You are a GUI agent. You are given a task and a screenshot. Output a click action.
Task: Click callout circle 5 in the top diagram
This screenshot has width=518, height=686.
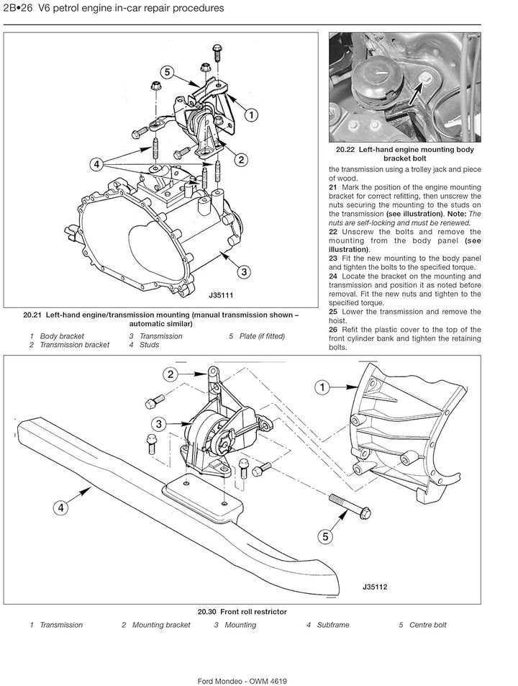pyautogui.click(x=167, y=72)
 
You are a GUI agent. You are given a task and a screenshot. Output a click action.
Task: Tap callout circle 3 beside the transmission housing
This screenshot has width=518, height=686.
pyautogui.click(x=244, y=271)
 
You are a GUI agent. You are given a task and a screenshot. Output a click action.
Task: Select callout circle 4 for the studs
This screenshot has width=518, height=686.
pyautogui.click(x=96, y=165)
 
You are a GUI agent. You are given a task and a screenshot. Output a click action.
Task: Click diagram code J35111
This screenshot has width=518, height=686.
pyautogui.click(x=221, y=295)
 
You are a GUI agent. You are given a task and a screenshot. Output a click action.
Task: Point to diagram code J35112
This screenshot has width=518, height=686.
pyautogui.click(x=375, y=587)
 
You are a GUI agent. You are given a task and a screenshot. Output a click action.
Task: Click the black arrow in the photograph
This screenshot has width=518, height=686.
pyautogui.click(x=418, y=91)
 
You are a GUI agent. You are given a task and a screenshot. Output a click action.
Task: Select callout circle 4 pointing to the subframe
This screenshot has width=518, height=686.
pyautogui.click(x=60, y=507)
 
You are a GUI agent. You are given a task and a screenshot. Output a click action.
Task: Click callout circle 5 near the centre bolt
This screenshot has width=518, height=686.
pyautogui.click(x=324, y=536)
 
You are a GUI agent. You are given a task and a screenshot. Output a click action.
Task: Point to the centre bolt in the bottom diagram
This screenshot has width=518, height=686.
pyautogui.click(x=349, y=506)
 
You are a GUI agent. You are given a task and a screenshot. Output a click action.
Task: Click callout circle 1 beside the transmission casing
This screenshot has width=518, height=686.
pyautogui.click(x=322, y=387)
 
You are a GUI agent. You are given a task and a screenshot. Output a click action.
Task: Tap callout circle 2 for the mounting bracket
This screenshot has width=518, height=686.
pyautogui.click(x=171, y=374)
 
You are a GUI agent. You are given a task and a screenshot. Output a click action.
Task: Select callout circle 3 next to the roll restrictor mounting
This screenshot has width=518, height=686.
pyautogui.click(x=159, y=423)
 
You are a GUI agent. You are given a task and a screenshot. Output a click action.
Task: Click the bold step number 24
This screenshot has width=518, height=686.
pyautogui.click(x=333, y=276)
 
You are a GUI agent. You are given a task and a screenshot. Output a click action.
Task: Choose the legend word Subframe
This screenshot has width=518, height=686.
pyautogui.click(x=333, y=625)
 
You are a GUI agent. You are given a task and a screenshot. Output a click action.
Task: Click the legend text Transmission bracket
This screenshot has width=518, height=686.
pyautogui.click(x=75, y=345)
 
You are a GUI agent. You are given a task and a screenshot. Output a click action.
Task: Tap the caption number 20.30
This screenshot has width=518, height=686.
pyautogui.click(x=207, y=612)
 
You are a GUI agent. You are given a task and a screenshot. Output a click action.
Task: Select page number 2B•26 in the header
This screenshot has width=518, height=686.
pyautogui.click(x=18, y=8)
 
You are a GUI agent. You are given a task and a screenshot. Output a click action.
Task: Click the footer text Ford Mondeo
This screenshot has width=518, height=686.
pyautogui.click(x=220, y=681)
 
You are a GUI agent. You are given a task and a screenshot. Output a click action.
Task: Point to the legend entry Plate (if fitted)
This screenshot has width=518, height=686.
pyautogui.click(x=262, y=336)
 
